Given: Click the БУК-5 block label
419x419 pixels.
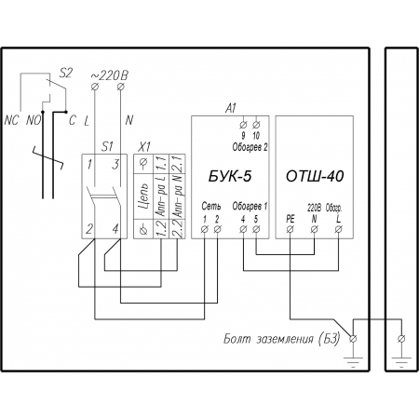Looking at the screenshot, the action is pyautogui.click(x=230, y=176).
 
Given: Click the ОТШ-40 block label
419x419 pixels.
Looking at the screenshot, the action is pyautogui.click(x=315, y=176).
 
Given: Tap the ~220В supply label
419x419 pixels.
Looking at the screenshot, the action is pyautogui.click(x=109, y=75).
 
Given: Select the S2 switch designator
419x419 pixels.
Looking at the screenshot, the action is pyautogui.click(x=65, y=74).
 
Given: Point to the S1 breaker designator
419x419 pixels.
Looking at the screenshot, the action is pyautogui.click(x=107, y=146).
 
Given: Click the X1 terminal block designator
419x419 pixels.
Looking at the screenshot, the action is pyautogui.click(x=143, y=146).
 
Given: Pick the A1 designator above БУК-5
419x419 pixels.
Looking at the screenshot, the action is pyautogui.click(x=231, y=108).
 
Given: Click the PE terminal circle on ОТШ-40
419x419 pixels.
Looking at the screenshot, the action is pyautogui.click(x=290, y=229).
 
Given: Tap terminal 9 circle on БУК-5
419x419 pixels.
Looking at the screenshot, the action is pyautogui.click(x=243, y=125).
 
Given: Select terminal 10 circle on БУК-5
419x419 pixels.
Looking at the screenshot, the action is pyautogui.click(x=256, y=125).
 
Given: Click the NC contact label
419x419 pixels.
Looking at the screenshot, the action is pyautogui.click(x=11, y=120).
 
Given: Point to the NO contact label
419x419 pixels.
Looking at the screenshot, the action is pyautogui.click(x=34, y=120).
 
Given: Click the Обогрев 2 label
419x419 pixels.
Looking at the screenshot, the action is pyautogui.click(x=250, y=147).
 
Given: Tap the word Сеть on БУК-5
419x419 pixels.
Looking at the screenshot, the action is pyautogui.click(x=211, y=206).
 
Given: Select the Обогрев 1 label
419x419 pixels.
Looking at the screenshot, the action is pyautogui.click(x=250, y=207).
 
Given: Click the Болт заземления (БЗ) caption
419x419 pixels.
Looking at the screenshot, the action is pyautogui.click(x=282, y=339).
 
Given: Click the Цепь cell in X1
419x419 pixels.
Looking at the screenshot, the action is pyautogui.click(x=143, y=196).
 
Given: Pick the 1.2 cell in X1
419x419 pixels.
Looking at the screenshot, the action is pyautogui.click(x=161, y=229).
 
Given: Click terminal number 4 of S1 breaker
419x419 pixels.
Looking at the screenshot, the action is pyautogui.click(x=115, y=229).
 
